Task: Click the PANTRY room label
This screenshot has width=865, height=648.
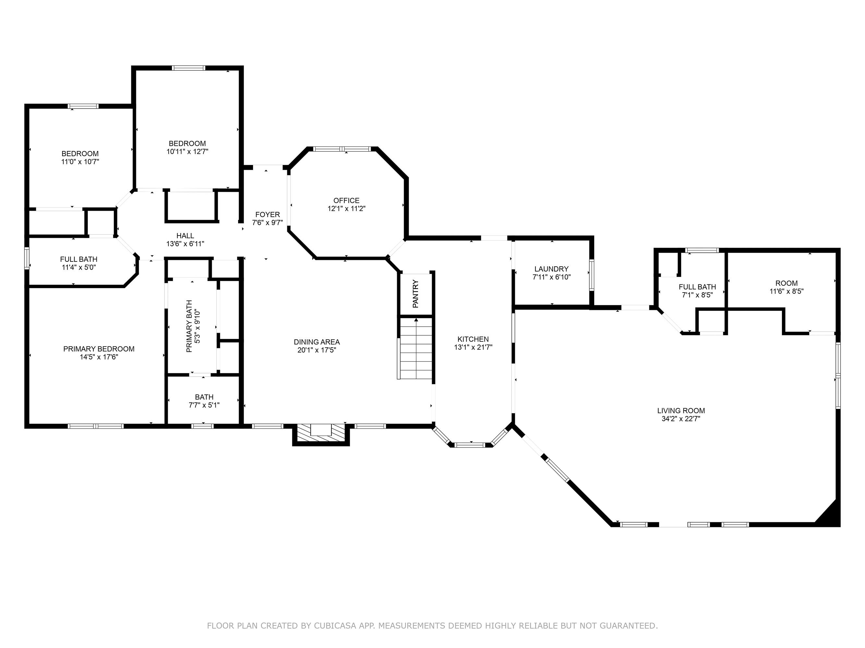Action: coord(415,294)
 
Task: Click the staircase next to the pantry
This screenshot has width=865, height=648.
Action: coord(416,348)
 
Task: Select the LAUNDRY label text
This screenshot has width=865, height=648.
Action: coord(551,269)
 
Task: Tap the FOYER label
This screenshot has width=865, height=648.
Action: coord(268,214)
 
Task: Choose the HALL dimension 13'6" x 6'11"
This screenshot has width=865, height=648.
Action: coord(185,244)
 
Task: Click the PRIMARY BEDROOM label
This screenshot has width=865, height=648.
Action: coord(99,349)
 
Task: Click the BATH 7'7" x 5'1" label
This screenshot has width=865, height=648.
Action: coord(204,401)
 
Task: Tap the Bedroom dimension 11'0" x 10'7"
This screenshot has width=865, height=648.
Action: coord(80,162)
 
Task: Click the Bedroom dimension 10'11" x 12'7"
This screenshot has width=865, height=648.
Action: coord(187,152)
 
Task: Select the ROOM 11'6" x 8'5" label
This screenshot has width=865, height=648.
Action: coord(787,287)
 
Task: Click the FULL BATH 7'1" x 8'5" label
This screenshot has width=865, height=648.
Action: coord(697,291)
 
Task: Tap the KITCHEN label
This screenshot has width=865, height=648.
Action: coord(473,339)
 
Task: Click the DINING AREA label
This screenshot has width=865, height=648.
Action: coord(317,342)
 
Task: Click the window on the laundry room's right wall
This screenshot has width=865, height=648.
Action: coord(592,275)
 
